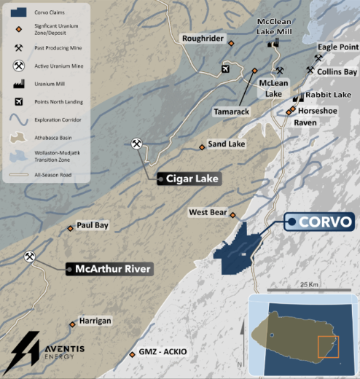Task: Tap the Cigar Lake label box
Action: (189, 178)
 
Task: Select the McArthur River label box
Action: (109, 268)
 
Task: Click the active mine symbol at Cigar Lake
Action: (136, 144)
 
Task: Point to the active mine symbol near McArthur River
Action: (30, 257)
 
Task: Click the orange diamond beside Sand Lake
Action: (202, 147)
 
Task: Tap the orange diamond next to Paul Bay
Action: (71, 228)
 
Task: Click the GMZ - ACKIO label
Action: (163, 352)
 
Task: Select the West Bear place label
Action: (208, 212)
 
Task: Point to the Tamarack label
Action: (232, 112)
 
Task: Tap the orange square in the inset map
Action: (328, 347)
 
